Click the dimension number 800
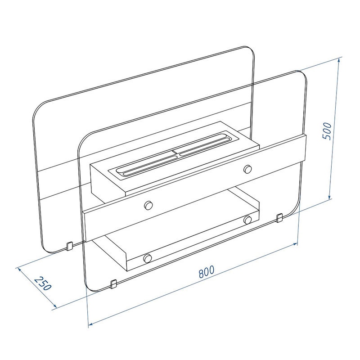tap(207, 272)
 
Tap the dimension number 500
tap(327, 131)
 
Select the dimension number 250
tap(43, 283)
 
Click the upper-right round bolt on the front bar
tap(247, 169)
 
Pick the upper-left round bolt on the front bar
tap(148, 205)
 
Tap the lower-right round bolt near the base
tap(247, 220)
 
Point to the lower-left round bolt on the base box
tap(147, 258)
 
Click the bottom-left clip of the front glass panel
tap(114, 284)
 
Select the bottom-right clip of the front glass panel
tap(279, 218)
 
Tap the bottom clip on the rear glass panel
tap(69, 246)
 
